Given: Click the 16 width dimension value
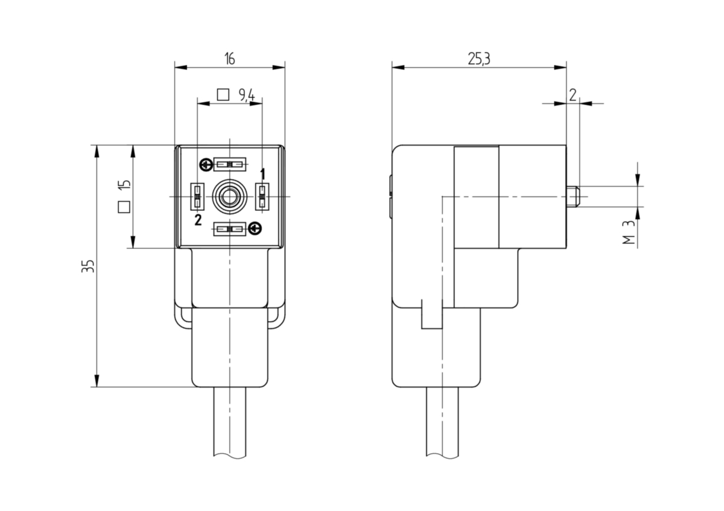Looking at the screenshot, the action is pyautogui.click(x=229, y=59).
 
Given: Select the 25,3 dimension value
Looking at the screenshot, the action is pyautogui.click(x=479, y=59).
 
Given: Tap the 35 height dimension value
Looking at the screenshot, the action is pyautogui.click(x=88, y=266).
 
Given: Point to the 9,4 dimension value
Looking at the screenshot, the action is pyautogui.click(x=247, y=95).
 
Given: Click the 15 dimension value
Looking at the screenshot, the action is pyautogui.click(x=124, y=184).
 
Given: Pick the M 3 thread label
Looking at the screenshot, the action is pyautogui.click(x=629, y=233).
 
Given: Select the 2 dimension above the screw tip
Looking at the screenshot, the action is pyautogui.click(x=573, y=95).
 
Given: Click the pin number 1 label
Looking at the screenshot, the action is pyautogui.click(x=263, y=174).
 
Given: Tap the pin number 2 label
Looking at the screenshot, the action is pyautogui.click(x=198, y=220).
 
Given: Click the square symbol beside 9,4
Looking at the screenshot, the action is pyautogui.click(x=223, y=95).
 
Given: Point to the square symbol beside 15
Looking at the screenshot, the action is pyautogui.click(x=124, y=207).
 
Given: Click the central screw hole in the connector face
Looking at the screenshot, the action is pyautogui.click(x=230, y=196).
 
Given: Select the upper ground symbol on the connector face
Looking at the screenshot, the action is pyautogui.click(x=206, y=165).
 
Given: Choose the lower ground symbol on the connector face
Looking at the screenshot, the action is pyautogui.click(x=255, y=229).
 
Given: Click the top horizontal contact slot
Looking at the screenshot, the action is pyautogui.click(x=230, y=165).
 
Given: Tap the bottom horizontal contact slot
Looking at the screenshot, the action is pyautogui.click(x=230, y=229).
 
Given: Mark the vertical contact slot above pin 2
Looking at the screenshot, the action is pyautogui.click(x=197, y=196).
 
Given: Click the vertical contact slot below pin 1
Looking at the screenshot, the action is pyautogui.click(x=262, y=196).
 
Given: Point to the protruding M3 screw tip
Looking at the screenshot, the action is pyautogui.click(x=573, y=196).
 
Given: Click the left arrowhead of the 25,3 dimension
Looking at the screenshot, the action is pyautogui.click(x=398, y=67).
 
